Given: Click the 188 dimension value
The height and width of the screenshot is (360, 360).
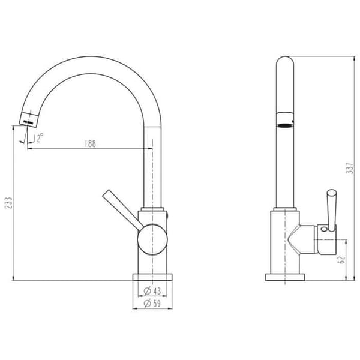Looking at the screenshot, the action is (90, 144).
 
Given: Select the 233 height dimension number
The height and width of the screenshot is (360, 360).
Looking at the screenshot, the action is (8, 203).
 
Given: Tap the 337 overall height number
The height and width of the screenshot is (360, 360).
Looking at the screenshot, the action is (349, 168).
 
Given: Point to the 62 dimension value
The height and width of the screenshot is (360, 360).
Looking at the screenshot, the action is (341, 259).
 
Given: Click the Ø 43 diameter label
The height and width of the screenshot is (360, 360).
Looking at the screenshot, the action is (152, 291).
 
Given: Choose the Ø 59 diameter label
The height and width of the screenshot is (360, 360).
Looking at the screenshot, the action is (152, 304).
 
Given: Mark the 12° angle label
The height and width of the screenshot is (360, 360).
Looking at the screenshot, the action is (38, 138).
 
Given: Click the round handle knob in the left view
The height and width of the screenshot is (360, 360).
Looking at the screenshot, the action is (152, 239).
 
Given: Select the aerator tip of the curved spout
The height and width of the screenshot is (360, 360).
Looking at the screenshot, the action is (29, 119).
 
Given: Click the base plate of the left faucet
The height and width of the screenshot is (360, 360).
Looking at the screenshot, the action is (152, 277).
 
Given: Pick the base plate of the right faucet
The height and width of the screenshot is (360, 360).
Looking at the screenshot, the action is (285, 277).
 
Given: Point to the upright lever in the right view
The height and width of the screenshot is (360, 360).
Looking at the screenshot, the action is (332, 210).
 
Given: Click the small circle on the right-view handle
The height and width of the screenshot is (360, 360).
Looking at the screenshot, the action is (324, 229).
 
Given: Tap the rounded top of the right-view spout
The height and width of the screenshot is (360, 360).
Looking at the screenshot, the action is (285, 61).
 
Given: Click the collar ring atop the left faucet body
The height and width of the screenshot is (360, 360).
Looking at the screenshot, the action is (152, 209).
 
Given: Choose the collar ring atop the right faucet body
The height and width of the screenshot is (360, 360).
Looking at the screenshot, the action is (285, 209).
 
